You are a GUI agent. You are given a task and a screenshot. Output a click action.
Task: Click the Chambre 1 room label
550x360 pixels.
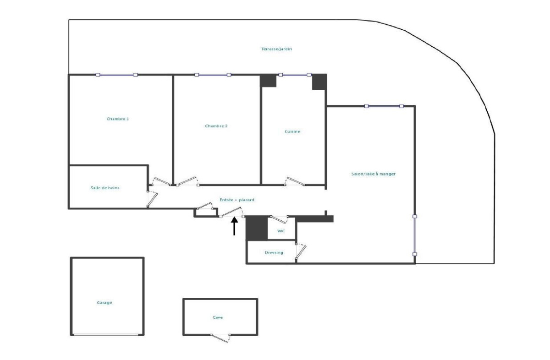pyautogui.click(x=118, y=119)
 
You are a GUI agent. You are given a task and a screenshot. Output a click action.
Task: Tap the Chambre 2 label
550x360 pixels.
pyautogui.click(x=216, y=126)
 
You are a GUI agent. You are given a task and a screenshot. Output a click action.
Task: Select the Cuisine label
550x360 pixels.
pyautogui.click(x=292, y=131)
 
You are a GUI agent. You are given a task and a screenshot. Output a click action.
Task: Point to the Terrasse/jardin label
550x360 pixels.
pyautogui.click(x=276, y=49)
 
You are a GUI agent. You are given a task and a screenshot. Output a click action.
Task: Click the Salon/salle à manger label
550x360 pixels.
pyautogui.click(x=374, y=174)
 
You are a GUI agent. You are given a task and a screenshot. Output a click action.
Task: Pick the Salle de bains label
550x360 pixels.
pyautogui.click(x=105, y=188)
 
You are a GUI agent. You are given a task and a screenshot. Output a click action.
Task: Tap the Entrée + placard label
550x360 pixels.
pyautogui.click(x=236, y=200)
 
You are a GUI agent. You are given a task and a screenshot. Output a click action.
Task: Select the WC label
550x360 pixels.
pyautogui.click(x=281, y=231)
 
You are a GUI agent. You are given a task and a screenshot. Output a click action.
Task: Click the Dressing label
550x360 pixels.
pyautogui.click(x=274, y=252)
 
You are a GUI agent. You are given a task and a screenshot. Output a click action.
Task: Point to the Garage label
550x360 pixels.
pyautogui.click(x=104, y=303)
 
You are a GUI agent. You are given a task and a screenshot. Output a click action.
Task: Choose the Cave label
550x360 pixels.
pyautogui.click(x=218, y=317)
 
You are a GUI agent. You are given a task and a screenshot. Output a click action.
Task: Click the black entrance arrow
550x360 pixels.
pyautogui.click(x=235, y=226)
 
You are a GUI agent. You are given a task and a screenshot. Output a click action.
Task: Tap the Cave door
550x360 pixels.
pyautogui.click(x=220, y=338)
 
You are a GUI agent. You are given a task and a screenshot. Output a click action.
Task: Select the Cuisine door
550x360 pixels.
pyautogui.click(x=295, y=181)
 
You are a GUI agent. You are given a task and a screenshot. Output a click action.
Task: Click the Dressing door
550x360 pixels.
pyautogui.click(x=301, y=251)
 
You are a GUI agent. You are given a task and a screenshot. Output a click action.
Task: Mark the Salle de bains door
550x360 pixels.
pyautogui.click(x=152, y=199)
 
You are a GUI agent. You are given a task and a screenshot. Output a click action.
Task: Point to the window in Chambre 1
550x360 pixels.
pyautogui.click(x=116, y=75)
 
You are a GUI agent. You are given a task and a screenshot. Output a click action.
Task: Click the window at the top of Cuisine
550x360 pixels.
pyautogui.click(x=295, y=75)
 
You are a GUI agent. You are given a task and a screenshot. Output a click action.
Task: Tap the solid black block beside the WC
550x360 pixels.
pyautogui.click(x=257, y=228)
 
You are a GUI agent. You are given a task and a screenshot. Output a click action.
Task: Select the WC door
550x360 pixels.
pyautogui.click(x=279, y=219)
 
